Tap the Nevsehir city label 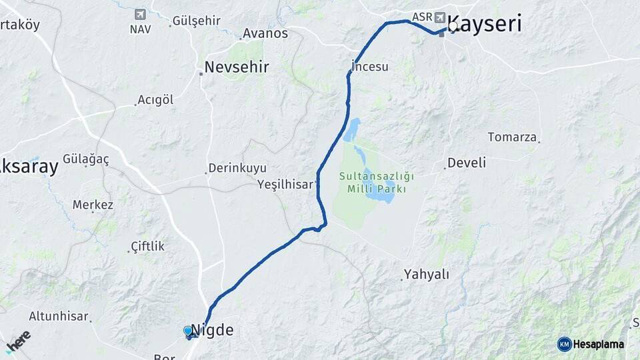237,67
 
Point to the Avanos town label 265,33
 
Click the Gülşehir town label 196,21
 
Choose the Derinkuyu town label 237,168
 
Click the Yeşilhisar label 285,185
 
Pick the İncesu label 371,67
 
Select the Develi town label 467,163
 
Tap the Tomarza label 512,137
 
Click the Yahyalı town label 427,274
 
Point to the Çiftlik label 147,246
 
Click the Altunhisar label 59,316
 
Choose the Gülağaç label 86,159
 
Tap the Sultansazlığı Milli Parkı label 376,183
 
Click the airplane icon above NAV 140,14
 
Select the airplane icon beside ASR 439,17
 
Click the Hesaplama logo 591,344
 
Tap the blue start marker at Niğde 188,331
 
